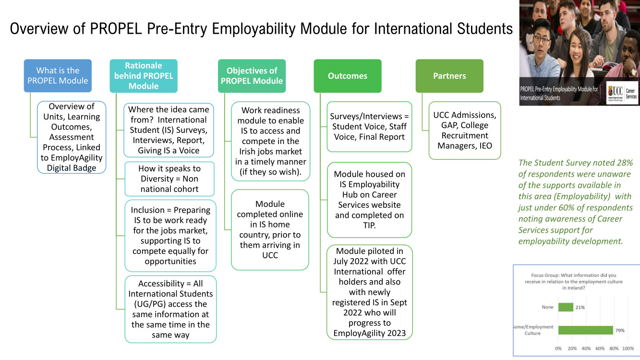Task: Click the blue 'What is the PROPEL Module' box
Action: (x=58, y=76)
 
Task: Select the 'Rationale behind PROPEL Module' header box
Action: (x=144, y=76)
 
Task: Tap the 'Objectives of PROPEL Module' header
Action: (x=252, y=76)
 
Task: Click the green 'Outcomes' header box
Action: (x=348, y=76)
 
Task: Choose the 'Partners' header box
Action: (x=449, y=76)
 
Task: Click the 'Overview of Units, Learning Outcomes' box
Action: (x=72, y=137)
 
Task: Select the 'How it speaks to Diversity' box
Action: (x=169, y=179)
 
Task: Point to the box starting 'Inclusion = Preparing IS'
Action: (x=170, y=236)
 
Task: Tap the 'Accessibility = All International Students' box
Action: (x=170, y=309)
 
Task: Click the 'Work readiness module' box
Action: (x=271, y=141)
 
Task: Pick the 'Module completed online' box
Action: (x=270, y=229)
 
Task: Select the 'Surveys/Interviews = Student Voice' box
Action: (x=369, y=127)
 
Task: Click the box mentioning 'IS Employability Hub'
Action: (x=369, y=200)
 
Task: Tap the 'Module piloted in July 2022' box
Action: (x=369, y=292)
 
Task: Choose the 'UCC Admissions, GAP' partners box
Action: (x=464, y=130)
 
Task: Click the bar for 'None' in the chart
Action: (x=566, y=307)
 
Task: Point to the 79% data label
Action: (x=620, y=330)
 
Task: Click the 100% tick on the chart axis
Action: (x=628, y=348)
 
